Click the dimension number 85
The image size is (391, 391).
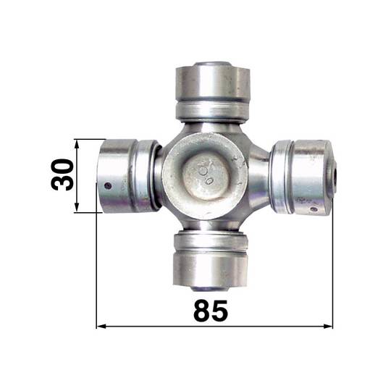[x=211, y=310]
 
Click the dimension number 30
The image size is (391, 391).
[x=62, y=175]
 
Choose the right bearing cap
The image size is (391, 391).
[x=314, y=177]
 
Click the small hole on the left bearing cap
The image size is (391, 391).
[x=108, y=185]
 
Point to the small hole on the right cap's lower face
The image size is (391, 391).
[x=314, y=209]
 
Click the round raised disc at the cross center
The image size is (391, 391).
[x=204, y=176]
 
